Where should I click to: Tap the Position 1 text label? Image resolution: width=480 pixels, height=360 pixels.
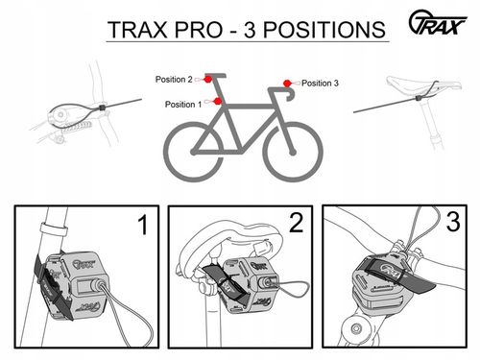183,104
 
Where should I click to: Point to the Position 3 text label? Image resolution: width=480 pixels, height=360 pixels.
320,84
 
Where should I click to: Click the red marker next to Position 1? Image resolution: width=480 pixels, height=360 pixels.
219,101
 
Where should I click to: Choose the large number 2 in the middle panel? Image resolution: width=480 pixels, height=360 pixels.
296,226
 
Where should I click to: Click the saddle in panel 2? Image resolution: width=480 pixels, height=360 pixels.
228,241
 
